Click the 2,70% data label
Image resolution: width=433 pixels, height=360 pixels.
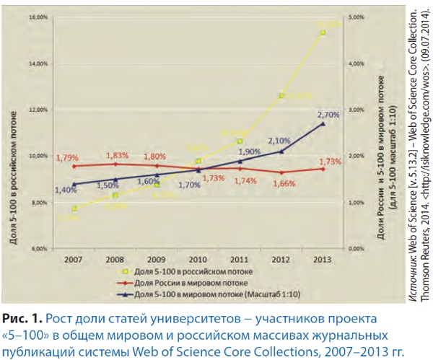(x=328, y=114)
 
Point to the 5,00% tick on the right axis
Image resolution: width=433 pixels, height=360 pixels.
(x=359, y=15)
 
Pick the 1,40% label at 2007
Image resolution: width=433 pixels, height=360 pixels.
(x=66, y=190)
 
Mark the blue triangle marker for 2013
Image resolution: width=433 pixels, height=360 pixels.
(x=323, y=124)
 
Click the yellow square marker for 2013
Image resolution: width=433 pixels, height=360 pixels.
(x=323, y=32)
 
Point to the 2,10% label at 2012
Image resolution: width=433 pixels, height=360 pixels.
(x=279, y=141)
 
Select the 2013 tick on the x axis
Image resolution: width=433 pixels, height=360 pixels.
(x=323, y=258)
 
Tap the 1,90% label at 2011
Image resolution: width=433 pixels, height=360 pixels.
(x=248, y=152)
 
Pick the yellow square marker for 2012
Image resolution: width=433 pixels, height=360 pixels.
(x=281, y=95)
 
